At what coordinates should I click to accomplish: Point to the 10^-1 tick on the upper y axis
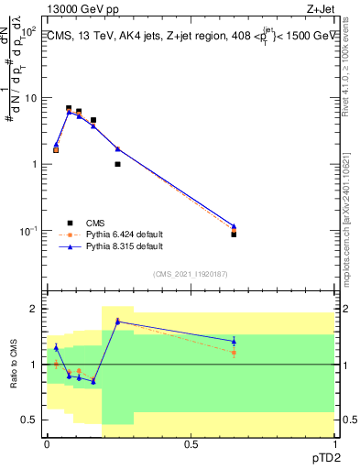[27, 231]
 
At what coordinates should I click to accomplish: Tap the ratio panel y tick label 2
[33, 309]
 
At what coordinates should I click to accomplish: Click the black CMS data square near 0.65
[234, 234]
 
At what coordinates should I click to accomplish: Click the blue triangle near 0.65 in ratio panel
[234, 341]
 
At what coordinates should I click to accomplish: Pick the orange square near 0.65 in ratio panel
[234, 352]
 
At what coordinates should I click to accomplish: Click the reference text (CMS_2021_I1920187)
[190, 273]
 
